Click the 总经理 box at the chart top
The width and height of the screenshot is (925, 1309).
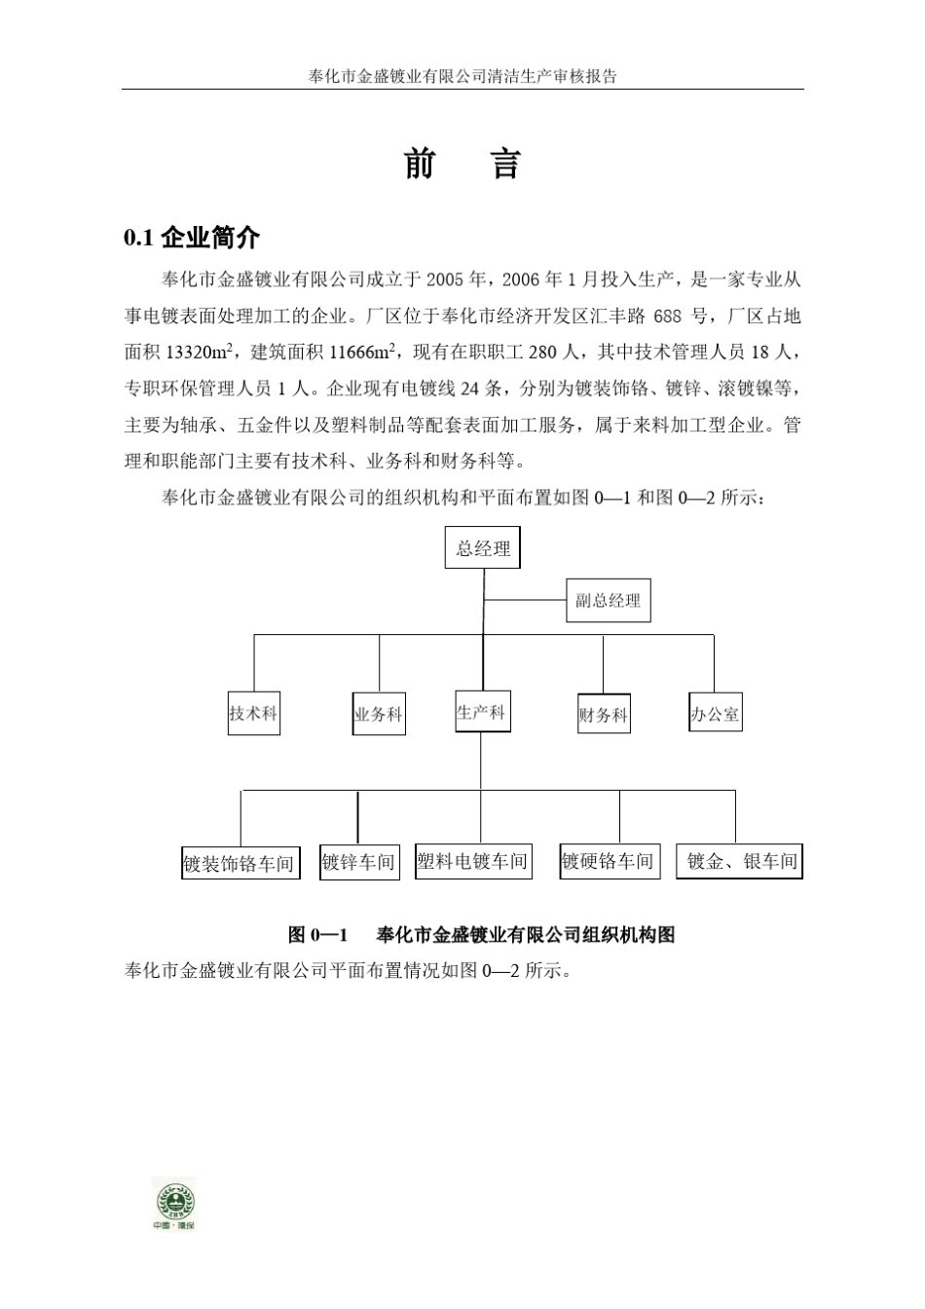[x=483, y=548]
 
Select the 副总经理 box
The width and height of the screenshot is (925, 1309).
[x=609, y=601]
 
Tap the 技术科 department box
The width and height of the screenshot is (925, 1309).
[x=253, y=714]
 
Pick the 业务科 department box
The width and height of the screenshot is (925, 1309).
[x=378, y=714]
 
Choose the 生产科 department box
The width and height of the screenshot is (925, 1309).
[x=481, y=712]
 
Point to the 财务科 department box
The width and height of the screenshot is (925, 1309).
[x=604, y=715]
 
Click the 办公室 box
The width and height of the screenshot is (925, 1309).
[x=715, y=714]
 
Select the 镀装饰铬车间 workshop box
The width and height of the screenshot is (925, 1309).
[x=239, y=863]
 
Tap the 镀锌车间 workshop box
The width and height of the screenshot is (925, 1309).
[x=359, y=862]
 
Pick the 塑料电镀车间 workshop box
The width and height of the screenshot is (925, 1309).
[x=473, y=861]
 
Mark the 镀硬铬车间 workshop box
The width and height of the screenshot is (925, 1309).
[x=608, y=861]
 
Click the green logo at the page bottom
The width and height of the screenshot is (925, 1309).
[x=174, y=1204]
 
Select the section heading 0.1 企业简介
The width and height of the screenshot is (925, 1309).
[x=192, y=238]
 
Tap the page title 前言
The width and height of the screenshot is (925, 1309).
[x=462, y=165]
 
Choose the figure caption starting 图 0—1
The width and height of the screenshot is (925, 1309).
[x=481, y=935]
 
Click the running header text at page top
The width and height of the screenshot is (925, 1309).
[x=462, y=76]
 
